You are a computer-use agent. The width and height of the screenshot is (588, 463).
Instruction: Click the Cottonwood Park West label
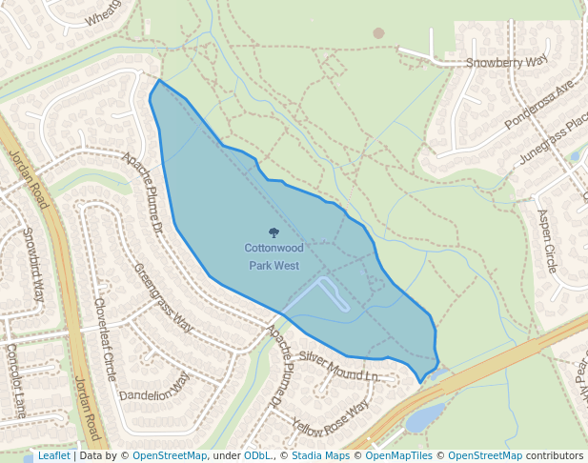(274, 256)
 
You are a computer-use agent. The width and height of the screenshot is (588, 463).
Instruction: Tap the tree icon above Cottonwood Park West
(274, 232)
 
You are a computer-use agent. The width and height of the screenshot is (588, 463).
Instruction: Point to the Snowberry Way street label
(508, 62)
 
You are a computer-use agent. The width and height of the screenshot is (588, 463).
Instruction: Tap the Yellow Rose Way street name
(330, 419)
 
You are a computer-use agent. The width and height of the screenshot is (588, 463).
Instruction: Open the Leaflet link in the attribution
(53, 455)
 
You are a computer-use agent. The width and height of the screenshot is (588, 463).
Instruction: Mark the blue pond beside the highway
(425, 416)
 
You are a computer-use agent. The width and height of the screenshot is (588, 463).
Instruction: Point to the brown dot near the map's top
(378, 33)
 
